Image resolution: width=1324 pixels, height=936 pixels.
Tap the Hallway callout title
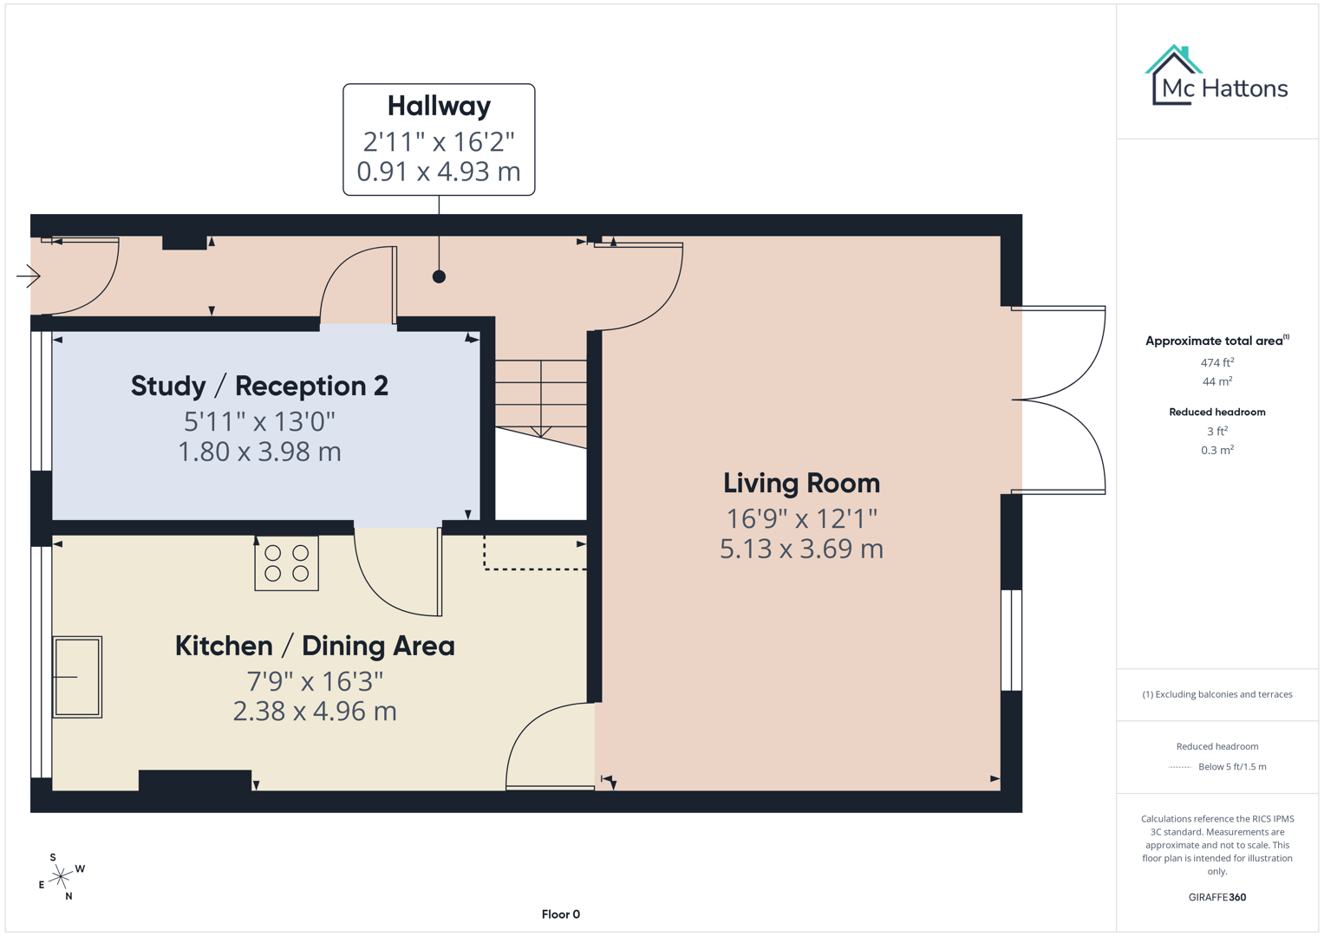coord(439,106)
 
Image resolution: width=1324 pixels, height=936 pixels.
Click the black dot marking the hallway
coord(439,276)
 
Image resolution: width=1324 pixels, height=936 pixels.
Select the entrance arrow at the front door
coord(29,276)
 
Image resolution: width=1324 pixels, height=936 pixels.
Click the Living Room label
coord(801,483)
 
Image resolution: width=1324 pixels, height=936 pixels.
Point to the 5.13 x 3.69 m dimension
coord(801,549)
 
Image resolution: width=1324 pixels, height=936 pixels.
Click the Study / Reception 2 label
coord(259,386)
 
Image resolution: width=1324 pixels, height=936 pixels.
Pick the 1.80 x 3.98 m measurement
coord(259,452)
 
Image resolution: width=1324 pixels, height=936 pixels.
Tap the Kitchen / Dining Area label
coord(315,646)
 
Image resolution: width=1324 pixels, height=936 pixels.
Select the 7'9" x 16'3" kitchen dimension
coord(315,681)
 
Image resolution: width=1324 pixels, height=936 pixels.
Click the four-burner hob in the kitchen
coord(286,563)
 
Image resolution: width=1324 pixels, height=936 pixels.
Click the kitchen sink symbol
coord(77,677)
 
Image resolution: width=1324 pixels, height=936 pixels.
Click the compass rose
coord(61,878)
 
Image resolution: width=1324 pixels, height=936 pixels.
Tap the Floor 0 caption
coord(560,914)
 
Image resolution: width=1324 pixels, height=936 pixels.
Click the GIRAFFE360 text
coord(1216,897)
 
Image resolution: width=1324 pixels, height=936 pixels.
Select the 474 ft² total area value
coord(1216,362)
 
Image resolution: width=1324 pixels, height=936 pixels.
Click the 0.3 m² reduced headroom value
coord(1216,450)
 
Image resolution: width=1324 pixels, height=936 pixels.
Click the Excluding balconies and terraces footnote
coord(1216,694)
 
